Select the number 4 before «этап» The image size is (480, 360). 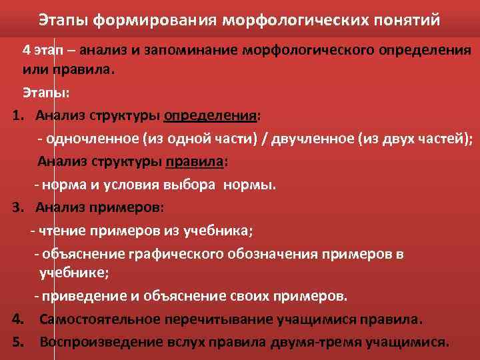click(x=26, y=51)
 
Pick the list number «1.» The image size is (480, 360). click(x=18, y=115)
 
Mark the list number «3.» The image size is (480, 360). click(x=18, y=207)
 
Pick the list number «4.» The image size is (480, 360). click(x=18, y=319)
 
